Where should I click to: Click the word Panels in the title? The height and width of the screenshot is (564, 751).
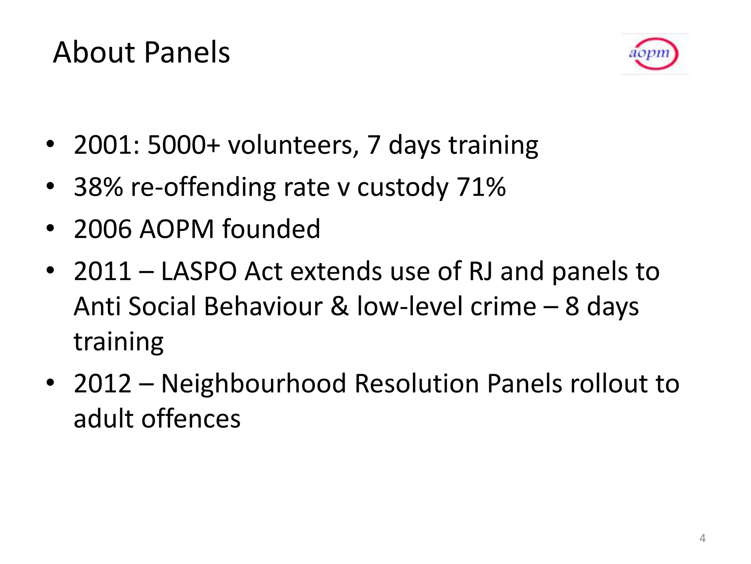(x=187, y=53)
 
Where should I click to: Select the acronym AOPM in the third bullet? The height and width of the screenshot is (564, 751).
(x=177, y=229)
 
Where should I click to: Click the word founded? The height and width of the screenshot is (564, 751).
(x=271, y=229)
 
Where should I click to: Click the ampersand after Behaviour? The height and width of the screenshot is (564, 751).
(x=340, y=307)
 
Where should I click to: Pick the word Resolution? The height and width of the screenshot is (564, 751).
(x=417, y=384)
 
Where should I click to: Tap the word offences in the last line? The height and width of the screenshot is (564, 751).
(x=191, y=419)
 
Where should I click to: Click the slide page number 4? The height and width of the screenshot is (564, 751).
(x=702, y=538)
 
